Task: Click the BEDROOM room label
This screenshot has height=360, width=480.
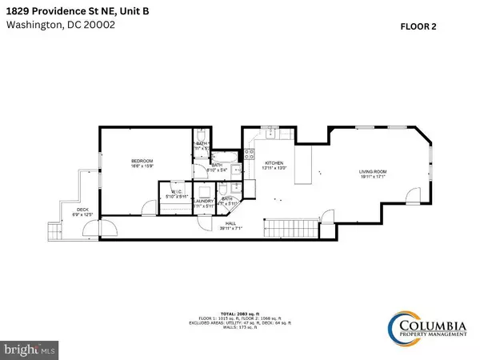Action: click(x=142, y=162)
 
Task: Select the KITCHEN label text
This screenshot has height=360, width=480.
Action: click(x=274, y=162)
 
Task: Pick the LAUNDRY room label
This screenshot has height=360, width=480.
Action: click(x=205, y=203)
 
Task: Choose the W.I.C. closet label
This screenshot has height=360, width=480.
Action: click(x=175, y=193)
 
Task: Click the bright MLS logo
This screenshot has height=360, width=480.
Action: click(x=30, y=349)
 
